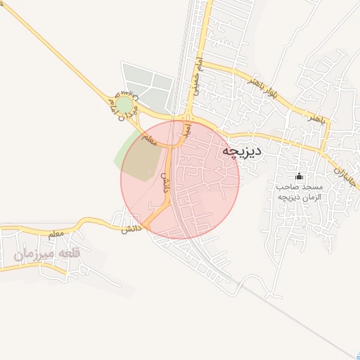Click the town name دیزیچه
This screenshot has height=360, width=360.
coord(241,150)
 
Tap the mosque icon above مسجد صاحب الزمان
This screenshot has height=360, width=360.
coord(299,176)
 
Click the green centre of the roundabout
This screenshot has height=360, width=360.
coord(124,105)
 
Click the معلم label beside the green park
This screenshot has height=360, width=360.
coord(149,139)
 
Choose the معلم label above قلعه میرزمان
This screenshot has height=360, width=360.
coord(58,232)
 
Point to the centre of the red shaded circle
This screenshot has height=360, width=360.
coord(180,179)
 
